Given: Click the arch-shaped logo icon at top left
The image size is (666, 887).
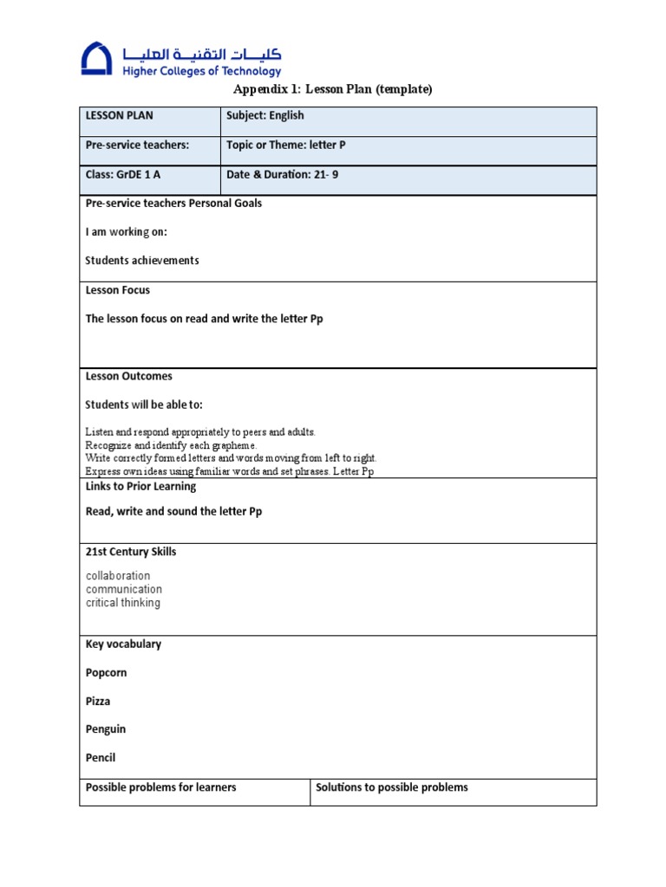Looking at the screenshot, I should tap(96, 59).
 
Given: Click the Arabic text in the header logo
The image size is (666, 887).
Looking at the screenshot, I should tap(202, 52).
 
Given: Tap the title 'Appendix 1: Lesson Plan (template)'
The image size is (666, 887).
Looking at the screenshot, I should tap(333, 89).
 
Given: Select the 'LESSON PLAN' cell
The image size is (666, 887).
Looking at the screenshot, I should tap(119, 115).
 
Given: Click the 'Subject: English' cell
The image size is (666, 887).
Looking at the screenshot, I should tap(265, 115).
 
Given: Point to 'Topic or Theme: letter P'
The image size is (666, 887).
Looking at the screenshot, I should tap(285, 145).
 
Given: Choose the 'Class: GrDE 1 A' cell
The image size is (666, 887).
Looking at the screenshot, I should tap(123, 174).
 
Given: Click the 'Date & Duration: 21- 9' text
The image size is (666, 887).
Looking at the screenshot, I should tap(283, 174).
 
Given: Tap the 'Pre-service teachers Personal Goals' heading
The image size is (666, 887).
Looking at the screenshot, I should tap(173, 203).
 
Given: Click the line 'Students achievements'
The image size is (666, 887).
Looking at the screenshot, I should tap(142, 260).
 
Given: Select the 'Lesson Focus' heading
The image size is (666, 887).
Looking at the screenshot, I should tap(118, 290).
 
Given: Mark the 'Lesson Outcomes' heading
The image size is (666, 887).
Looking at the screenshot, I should tap(128, 376).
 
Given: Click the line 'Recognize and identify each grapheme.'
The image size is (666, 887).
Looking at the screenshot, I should tap(171, 444).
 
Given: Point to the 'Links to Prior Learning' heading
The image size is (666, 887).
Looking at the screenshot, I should tap(140, 486).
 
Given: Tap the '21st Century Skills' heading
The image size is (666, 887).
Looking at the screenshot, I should tap(131, 552).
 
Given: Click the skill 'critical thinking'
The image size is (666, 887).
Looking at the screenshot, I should tap(123, 603).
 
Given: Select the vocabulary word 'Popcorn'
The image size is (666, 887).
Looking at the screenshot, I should tap(106, 672).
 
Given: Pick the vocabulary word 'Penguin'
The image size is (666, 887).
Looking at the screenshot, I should tap(106, 729).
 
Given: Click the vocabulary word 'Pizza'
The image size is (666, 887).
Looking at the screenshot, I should tap(98, 701).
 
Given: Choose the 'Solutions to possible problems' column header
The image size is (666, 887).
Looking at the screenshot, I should tap(392, 787).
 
